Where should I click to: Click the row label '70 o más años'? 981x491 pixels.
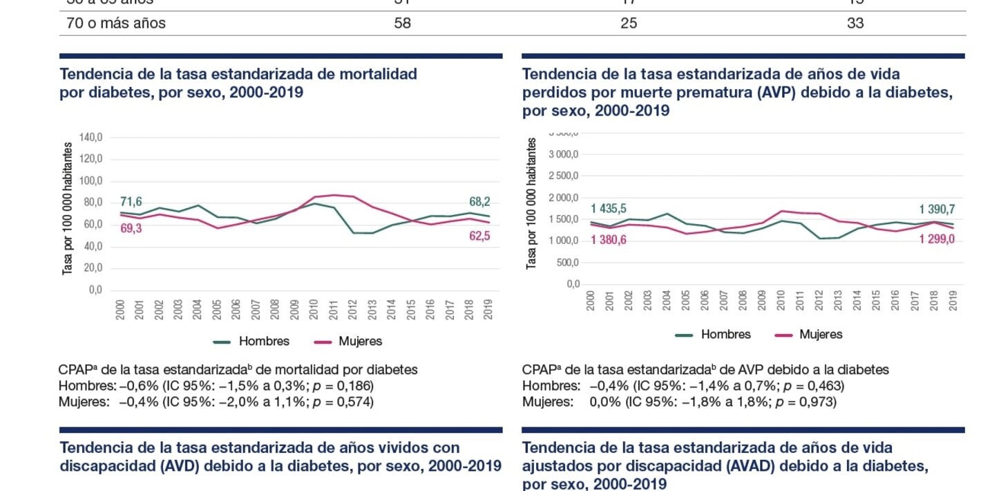(x=116, y=24)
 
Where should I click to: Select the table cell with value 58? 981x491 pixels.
(x=402, y=24)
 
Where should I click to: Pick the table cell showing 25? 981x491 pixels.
(x=629, y=24)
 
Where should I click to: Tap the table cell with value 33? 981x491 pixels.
(x=855, y=24)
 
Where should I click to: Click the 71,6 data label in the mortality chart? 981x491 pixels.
(x=131, y=202)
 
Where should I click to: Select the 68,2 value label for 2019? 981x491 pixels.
(x=479, y=202)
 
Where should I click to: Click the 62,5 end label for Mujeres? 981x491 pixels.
(x=479, y=235)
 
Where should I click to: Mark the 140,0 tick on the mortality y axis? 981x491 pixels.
(x=91, y=137)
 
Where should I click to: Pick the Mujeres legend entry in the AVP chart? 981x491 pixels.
(x=821, y=335)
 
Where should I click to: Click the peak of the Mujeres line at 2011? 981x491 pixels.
(x=333, y=195)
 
